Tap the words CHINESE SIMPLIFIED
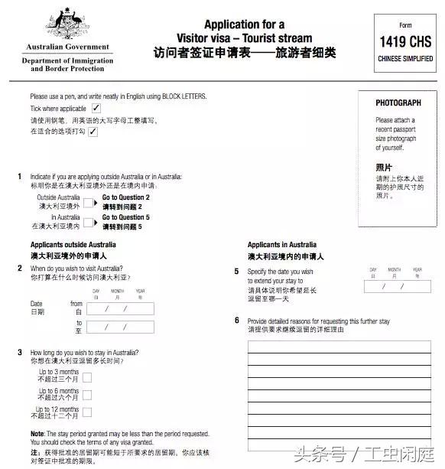click(x=405, y=59)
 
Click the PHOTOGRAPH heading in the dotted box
click(x=398, y=103)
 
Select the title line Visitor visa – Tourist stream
click(x=245, y=37)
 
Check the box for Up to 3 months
click(x=87, y=376)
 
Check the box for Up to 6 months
click(x=87, y=395)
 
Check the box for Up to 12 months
click(x=87, y=413)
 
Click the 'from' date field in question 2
click(x=122, y=309)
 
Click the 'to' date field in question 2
click(x=122, y=327)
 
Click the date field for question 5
click(x=398, y=286)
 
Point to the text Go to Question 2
click(x=126, y=197)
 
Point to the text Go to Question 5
click(x=126, y=217)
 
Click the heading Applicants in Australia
click(x=282, y=245)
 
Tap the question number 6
click(x=236, y=320)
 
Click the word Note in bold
click(x=38, y=434)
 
